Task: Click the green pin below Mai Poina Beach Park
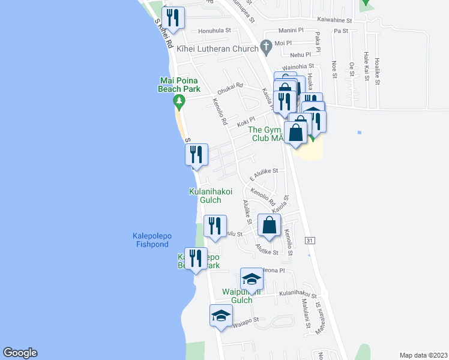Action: click(179, 103)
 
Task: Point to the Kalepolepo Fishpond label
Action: click(152, 240)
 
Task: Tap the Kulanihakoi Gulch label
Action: click(209, 196)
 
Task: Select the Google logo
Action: click(20, 353)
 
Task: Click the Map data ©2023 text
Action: click(423, 355)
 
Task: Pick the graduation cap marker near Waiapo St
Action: click(221, 316)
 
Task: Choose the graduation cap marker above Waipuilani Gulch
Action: click(252, 279)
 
